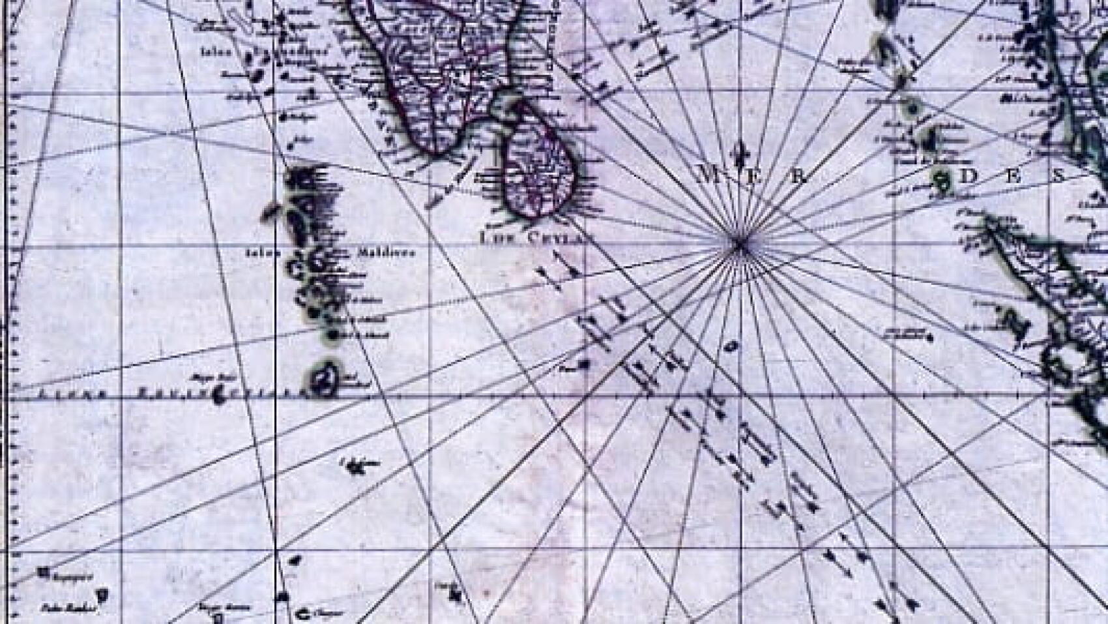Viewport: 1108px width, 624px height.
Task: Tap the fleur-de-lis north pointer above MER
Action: coord(739,153)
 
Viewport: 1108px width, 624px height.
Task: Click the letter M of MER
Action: coord(708,174)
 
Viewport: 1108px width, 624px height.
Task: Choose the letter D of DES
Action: coord(972,176)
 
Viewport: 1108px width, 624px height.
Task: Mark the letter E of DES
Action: coord(1015,176)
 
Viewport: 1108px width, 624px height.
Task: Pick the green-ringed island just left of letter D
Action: coord(941,179)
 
